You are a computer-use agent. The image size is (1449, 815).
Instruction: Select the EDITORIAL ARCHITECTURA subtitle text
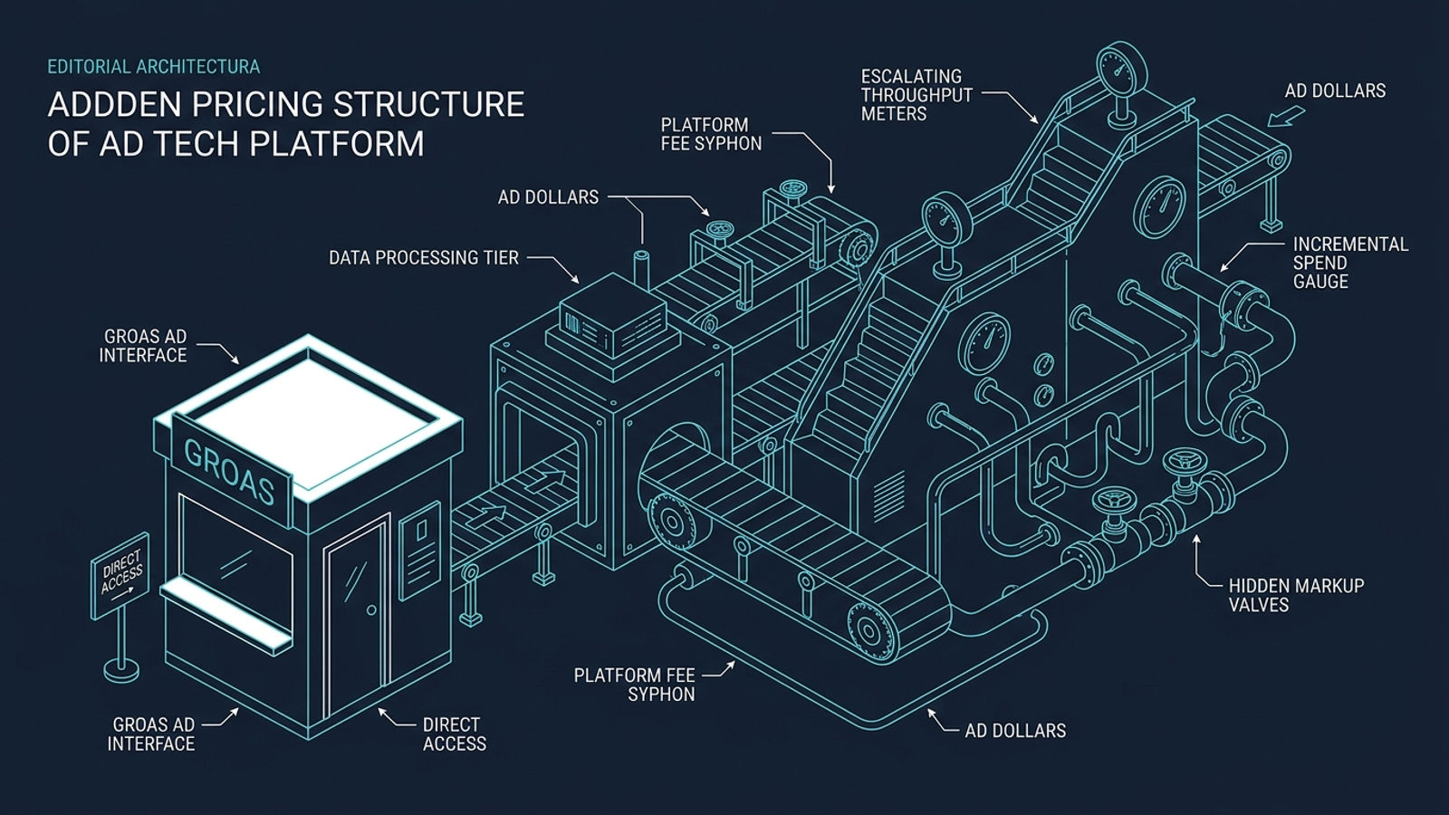154,67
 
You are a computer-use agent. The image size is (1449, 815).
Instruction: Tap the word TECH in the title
198,144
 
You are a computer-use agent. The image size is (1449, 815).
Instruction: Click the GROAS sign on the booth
231,472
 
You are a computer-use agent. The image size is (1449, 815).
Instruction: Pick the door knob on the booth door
371,610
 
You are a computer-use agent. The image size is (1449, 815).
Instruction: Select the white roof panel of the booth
312,420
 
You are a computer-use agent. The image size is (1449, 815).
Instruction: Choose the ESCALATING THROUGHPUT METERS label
916,95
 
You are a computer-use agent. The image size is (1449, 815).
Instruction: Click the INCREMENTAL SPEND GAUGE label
1350,263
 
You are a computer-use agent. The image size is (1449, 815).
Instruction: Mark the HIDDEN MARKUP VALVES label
1296,595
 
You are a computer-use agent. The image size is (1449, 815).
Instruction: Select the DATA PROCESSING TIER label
424,258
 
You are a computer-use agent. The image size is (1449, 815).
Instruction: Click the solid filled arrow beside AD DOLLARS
1285,118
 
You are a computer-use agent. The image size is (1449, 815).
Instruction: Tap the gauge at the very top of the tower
1121,67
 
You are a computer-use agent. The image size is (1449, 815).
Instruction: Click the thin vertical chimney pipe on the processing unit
641,272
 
